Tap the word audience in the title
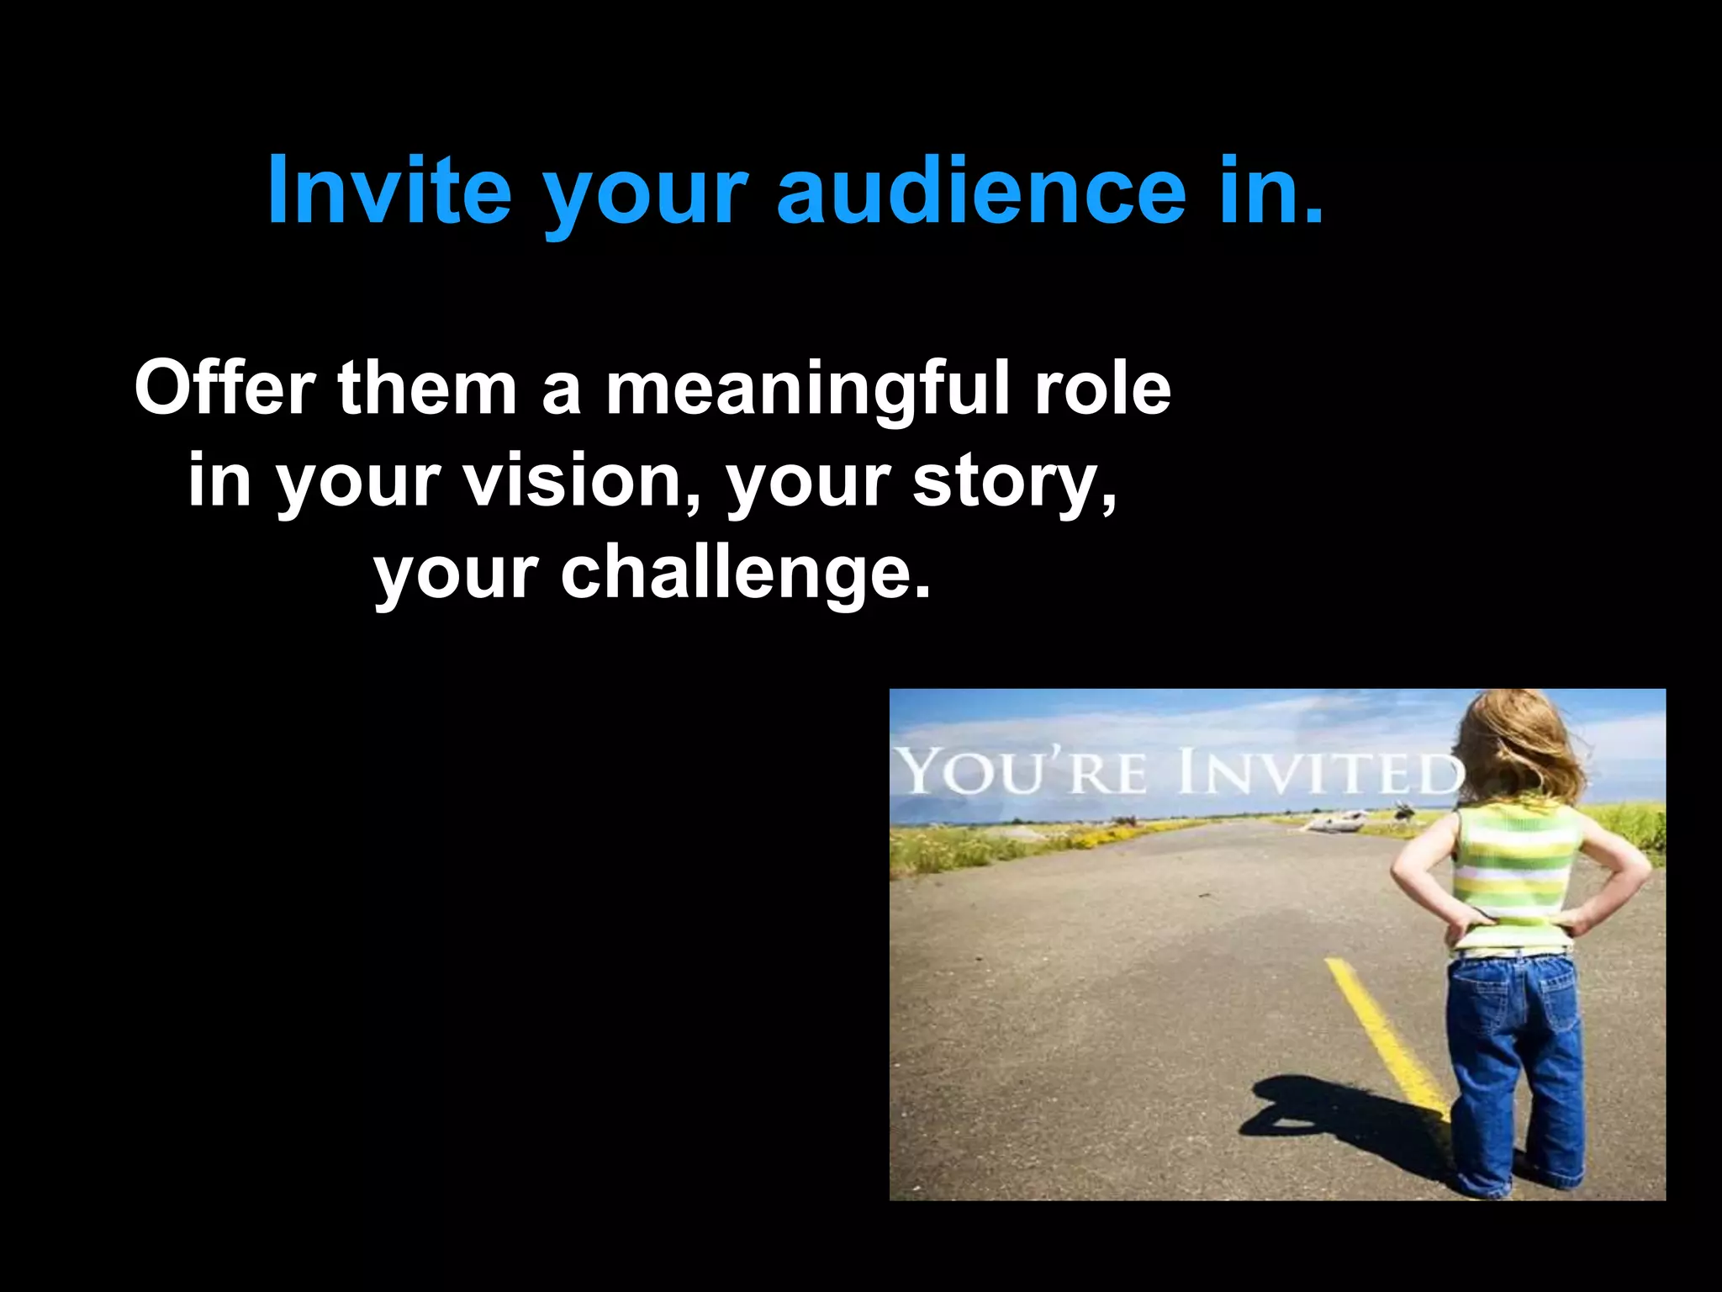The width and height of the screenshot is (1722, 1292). [980, 191]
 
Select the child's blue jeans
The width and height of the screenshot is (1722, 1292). [1513, 1068]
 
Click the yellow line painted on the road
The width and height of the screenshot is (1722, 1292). [1387, 1043]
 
